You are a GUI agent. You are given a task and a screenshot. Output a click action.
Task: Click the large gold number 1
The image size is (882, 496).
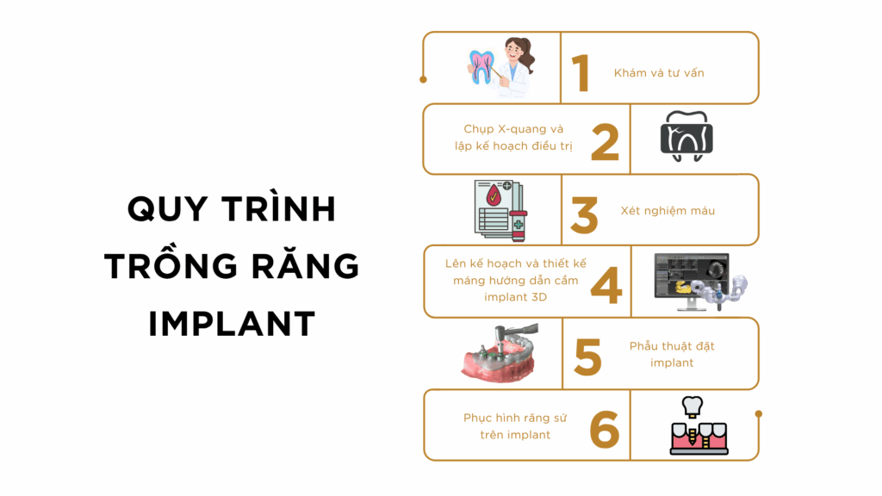coord(581,73)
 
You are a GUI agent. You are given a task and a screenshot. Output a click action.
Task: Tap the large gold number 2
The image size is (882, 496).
coord(606,142)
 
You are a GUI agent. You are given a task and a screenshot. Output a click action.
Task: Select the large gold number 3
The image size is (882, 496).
coord(584,214)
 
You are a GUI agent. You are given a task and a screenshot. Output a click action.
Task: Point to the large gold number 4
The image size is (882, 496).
coord(606,285)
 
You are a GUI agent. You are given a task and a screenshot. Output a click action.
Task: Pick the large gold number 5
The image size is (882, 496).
coord(587,356)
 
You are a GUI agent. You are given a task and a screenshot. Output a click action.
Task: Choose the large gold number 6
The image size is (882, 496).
coord(605,429)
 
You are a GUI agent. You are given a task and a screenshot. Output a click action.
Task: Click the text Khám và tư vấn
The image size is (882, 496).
coord(659,73)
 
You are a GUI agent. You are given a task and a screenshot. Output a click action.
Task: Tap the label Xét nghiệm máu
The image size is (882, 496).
coord(668,211)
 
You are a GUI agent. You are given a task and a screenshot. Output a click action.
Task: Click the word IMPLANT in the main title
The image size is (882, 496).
coord(232,324)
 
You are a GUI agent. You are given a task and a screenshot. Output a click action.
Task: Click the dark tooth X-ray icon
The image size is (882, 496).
coord(686,136)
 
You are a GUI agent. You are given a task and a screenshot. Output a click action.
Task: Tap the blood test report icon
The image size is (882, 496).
coord(500,210)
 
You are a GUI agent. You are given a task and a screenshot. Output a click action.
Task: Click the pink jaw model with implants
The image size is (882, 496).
coord(500,353)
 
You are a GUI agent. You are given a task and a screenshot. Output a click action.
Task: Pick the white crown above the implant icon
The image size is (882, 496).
coord(693,406)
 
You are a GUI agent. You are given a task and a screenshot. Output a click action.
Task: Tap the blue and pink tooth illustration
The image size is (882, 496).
coord(481,67)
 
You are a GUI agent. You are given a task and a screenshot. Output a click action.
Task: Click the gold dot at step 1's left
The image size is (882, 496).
coord(424,80)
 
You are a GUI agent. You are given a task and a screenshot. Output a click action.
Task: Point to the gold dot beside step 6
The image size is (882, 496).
coord(758,414)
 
